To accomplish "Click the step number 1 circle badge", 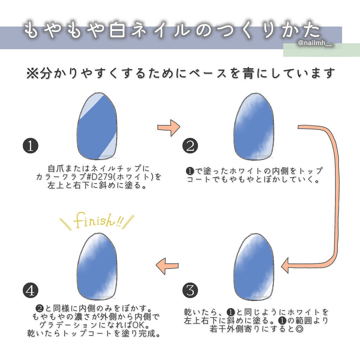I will (30, 146).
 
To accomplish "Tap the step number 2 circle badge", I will (190, 146).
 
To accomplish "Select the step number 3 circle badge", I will (190, 290).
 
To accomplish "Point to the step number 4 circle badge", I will (30, 290).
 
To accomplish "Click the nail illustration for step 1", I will (97, 127).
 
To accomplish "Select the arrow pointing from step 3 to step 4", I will (167, 266).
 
